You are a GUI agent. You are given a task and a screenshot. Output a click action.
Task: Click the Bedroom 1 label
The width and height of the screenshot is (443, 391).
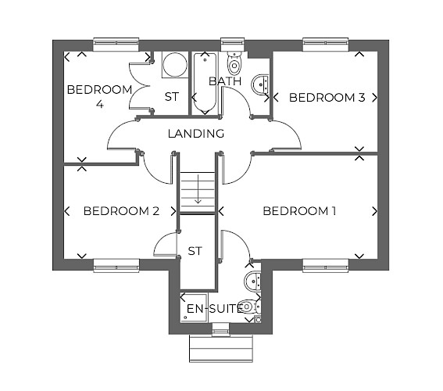tap(299, 211)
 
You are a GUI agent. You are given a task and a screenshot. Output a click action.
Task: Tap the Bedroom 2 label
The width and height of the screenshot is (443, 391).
tap(121, 211)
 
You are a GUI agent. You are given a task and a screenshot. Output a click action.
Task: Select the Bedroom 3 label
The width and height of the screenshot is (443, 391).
tap(327, 98)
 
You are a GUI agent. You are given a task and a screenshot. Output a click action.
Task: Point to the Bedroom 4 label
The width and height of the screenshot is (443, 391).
tap(100, 97)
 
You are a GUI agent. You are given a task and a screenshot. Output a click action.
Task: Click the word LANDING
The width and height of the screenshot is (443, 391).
tap(196, 134)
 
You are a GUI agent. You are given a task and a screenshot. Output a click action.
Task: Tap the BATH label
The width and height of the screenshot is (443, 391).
tap(225, 81)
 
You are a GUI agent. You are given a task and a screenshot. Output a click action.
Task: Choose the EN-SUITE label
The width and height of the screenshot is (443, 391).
tap(215, 309)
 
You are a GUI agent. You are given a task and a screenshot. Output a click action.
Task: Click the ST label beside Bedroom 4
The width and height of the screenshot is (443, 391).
tap(172, 97)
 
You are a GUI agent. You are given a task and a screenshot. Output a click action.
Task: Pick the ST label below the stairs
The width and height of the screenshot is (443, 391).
tap(195, 251)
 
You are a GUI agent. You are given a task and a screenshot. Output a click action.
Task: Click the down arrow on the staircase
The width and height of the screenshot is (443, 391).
tap(198, 189)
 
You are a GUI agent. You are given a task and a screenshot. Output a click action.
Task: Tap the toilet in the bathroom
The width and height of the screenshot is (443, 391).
tap(234, 63)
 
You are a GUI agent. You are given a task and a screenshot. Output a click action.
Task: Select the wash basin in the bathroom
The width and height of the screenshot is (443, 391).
tap(260, 84)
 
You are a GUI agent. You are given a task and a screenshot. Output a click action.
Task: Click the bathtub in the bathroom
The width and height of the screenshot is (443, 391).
tap(205, 84)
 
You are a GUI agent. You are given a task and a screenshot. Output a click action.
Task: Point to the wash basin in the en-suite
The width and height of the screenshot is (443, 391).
tap(252, 281)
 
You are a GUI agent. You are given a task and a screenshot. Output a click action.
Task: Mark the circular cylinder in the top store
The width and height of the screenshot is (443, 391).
tap(175, 65)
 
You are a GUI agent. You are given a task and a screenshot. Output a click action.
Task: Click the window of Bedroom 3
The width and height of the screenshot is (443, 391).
tap(326, 45)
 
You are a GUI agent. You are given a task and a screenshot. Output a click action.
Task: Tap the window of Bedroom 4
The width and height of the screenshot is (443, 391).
tap(116, 45)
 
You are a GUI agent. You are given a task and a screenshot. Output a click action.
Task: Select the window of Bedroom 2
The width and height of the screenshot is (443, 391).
tap(116, 265)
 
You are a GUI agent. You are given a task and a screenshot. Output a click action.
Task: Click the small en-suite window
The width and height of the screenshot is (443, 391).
tap(221, 329)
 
